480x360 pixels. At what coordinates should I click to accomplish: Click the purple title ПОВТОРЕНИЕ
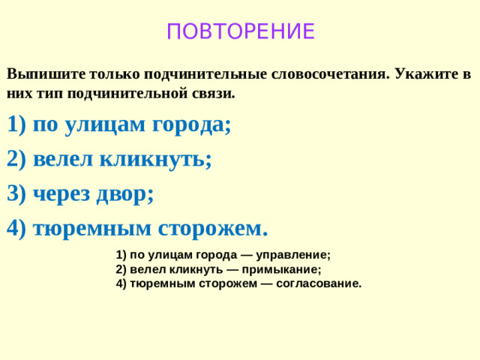pos(240,32)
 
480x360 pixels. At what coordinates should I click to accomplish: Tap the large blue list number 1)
pos(16,125)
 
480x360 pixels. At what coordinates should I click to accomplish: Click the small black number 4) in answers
pos(122,283)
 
